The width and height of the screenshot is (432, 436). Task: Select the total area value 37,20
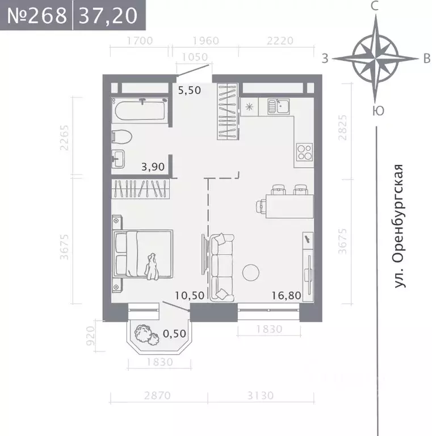coord(108,15)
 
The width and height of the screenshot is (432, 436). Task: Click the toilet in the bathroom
coord(122,136)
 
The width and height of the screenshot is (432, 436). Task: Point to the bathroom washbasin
coord(119,157)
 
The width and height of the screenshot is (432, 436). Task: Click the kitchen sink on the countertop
coord(279,106)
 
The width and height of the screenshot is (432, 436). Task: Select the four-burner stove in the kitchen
coord(305,152)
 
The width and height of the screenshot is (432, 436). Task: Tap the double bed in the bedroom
coord(142,254)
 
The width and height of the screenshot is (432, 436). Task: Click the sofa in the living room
coord(222,268)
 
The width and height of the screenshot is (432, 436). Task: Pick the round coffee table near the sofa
coord(251,273)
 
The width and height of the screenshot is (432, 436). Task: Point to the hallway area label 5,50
coord(190,90)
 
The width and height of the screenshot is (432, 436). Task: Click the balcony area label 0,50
coord(174,334)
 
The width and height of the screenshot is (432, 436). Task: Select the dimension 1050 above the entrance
coord(195,57)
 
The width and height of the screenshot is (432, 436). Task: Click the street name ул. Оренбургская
coord(400,226)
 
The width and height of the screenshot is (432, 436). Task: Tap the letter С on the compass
coord(375,7)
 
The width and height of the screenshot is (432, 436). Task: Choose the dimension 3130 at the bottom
coord(261,396)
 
